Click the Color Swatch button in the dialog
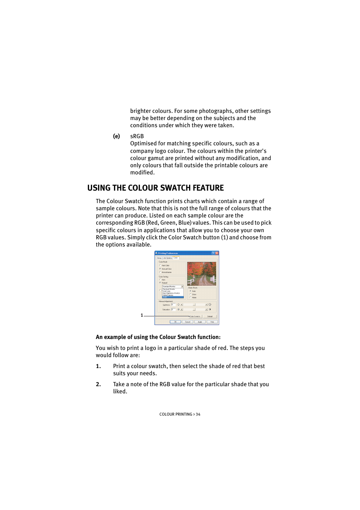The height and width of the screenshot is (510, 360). click(195, 316)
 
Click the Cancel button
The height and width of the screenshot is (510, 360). click(188, 322)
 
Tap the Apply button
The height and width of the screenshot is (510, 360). click(200, 322)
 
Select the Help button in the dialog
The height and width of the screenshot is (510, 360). click(212, 322)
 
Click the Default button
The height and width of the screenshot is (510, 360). click(210, 316)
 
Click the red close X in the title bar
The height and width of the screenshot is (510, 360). click(217, 253)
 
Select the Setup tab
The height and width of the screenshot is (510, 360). click(159, 258)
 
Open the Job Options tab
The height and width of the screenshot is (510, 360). click(168, 258)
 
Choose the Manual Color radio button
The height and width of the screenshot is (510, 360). click(160, 269)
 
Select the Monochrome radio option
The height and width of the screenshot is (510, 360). click(160, 272)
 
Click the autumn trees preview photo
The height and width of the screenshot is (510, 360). click(202, 274)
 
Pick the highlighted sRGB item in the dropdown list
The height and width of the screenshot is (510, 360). click(172, 297)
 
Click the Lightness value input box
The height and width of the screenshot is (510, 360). click(173, 305)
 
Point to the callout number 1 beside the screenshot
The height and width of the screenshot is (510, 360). click(142, 315)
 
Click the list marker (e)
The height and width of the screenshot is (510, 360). click(117, 136)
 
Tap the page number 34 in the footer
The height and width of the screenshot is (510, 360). click(198, 414)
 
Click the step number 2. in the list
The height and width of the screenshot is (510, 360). click(98, 384)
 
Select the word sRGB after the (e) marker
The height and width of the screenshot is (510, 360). click(137, 136)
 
